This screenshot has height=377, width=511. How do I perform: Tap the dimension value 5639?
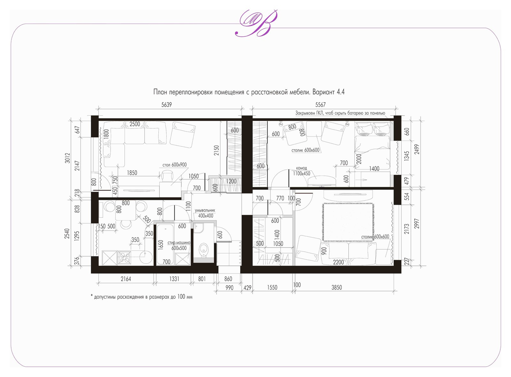tap(166, 105)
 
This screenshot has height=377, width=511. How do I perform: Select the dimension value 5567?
tap(320, 105)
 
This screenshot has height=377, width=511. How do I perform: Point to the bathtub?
tap(165, 244)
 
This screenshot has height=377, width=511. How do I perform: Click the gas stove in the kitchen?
tap(124, 258)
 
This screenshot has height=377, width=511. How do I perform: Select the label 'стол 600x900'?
tap(174, 165)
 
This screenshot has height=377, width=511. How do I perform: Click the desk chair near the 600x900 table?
tap(167, 176)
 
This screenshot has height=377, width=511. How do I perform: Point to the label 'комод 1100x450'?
tap(301, 171)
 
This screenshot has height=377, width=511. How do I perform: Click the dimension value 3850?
tap(337, 287)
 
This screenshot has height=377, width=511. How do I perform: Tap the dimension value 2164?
tap(126, 279)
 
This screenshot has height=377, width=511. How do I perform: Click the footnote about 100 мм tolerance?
tap(141, 297)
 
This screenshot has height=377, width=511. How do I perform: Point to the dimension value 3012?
tap(67, 158)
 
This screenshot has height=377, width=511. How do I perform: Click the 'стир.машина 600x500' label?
tap(179, 245)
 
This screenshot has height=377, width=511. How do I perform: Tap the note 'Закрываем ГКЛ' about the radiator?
tap(340, 113)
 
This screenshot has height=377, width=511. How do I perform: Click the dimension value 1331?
tap(174, 279)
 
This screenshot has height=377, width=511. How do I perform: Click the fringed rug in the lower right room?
tap(348, 222)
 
